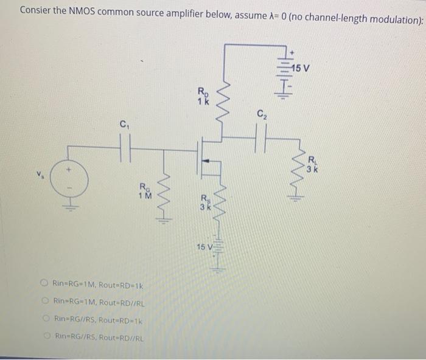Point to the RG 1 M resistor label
click(144, 190)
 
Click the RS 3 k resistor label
click(204, 201)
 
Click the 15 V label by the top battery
click(300, 67)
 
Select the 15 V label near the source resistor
click(204, 246)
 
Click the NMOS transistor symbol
click(204, 159)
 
